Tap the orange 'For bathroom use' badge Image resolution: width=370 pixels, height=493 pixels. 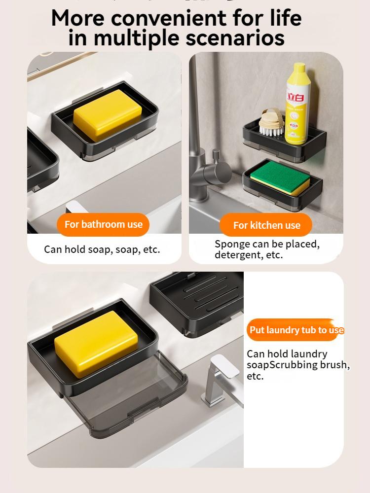point(103,224)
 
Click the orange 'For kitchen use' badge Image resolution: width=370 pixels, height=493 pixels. point(266,225)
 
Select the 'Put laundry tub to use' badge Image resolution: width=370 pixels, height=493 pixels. point(296,330)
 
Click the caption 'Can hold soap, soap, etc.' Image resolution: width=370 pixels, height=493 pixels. point(102,249)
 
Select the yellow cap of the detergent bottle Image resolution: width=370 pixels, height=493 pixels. point(298,69)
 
